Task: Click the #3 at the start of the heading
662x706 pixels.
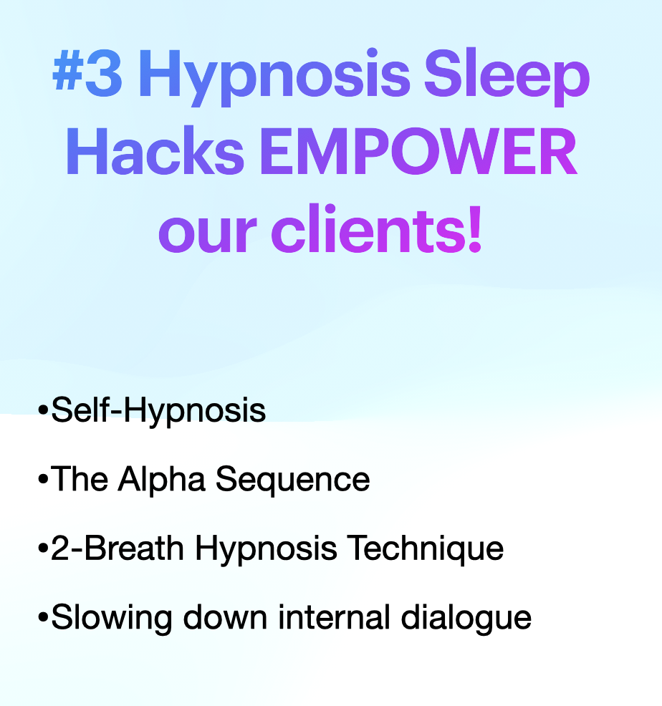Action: click(87, 77)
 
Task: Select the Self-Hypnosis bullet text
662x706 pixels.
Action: click(158, 412)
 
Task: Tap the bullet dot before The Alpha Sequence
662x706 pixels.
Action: click(43, 480)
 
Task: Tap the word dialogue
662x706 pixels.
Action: click(466, 618)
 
